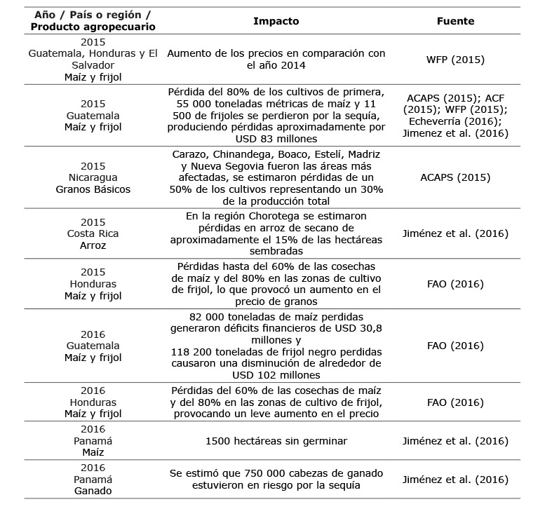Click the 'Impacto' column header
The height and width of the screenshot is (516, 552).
(x=276, y=21)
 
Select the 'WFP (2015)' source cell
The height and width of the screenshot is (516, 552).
(x=455, y=60)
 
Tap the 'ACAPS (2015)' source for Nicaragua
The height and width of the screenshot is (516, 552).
(x=455, y=177)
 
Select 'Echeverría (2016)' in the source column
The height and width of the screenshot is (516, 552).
(x=455, y=121)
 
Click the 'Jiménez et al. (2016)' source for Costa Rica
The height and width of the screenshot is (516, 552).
(x=455, y=233)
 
